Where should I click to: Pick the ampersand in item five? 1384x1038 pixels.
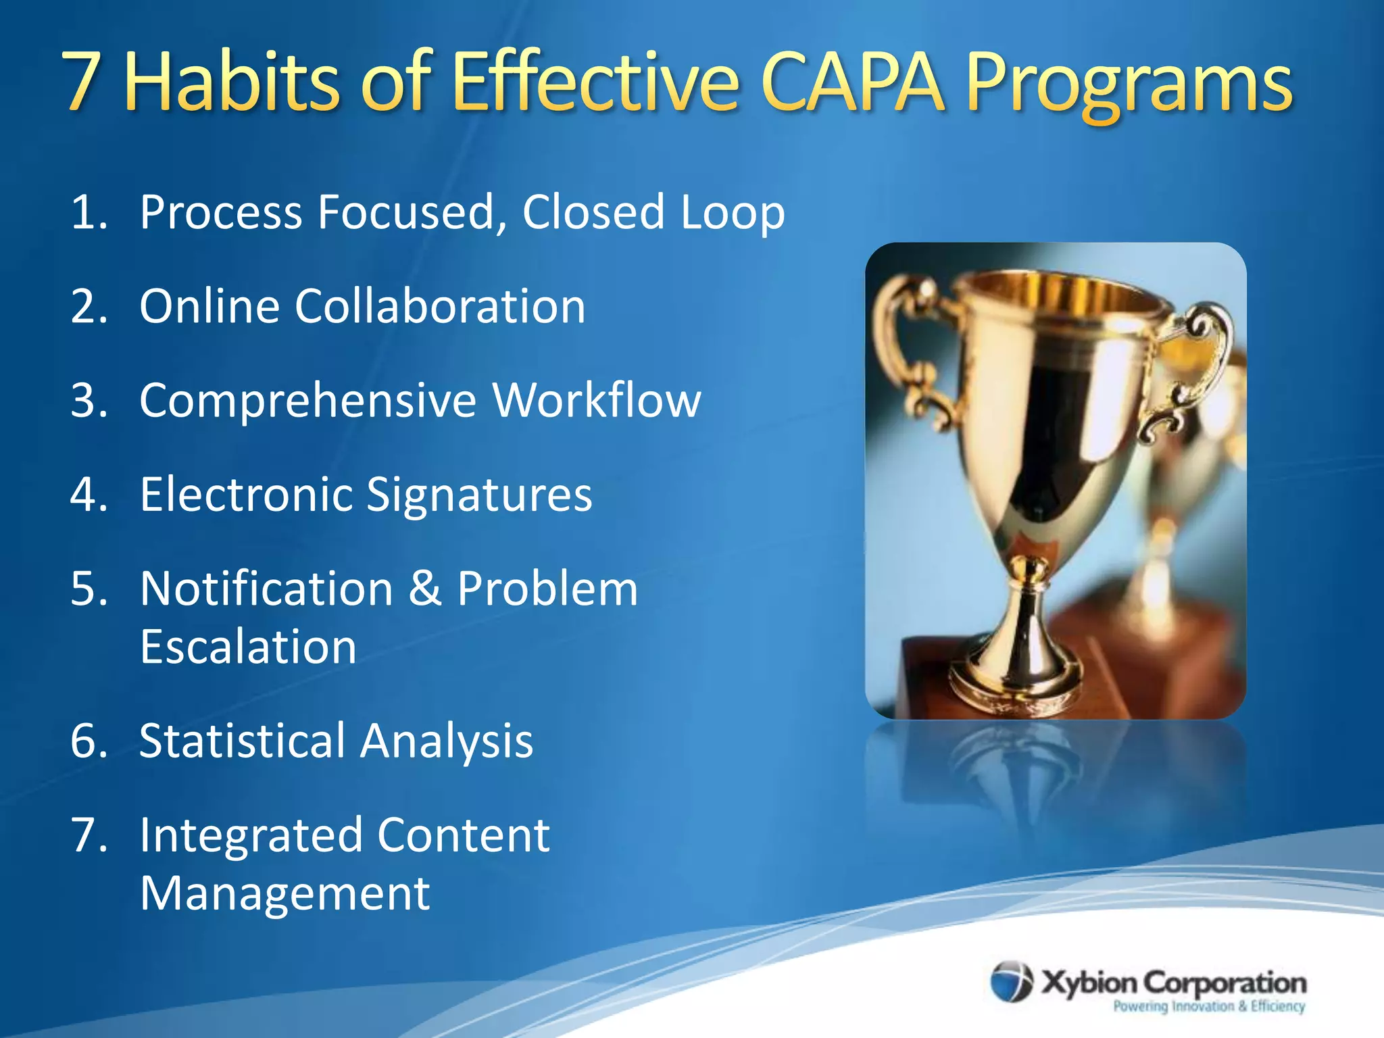pyautogui.click(x=425, y=588)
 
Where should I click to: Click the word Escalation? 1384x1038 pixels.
pyautogui.click(x=248, y=647)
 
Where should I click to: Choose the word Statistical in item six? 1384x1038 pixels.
pyautogui.click(x=243, y=741)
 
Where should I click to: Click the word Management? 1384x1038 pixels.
pyautogui.click(x=285, y=893)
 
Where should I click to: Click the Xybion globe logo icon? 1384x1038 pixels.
pyautogui.click(x=1011, y=982)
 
